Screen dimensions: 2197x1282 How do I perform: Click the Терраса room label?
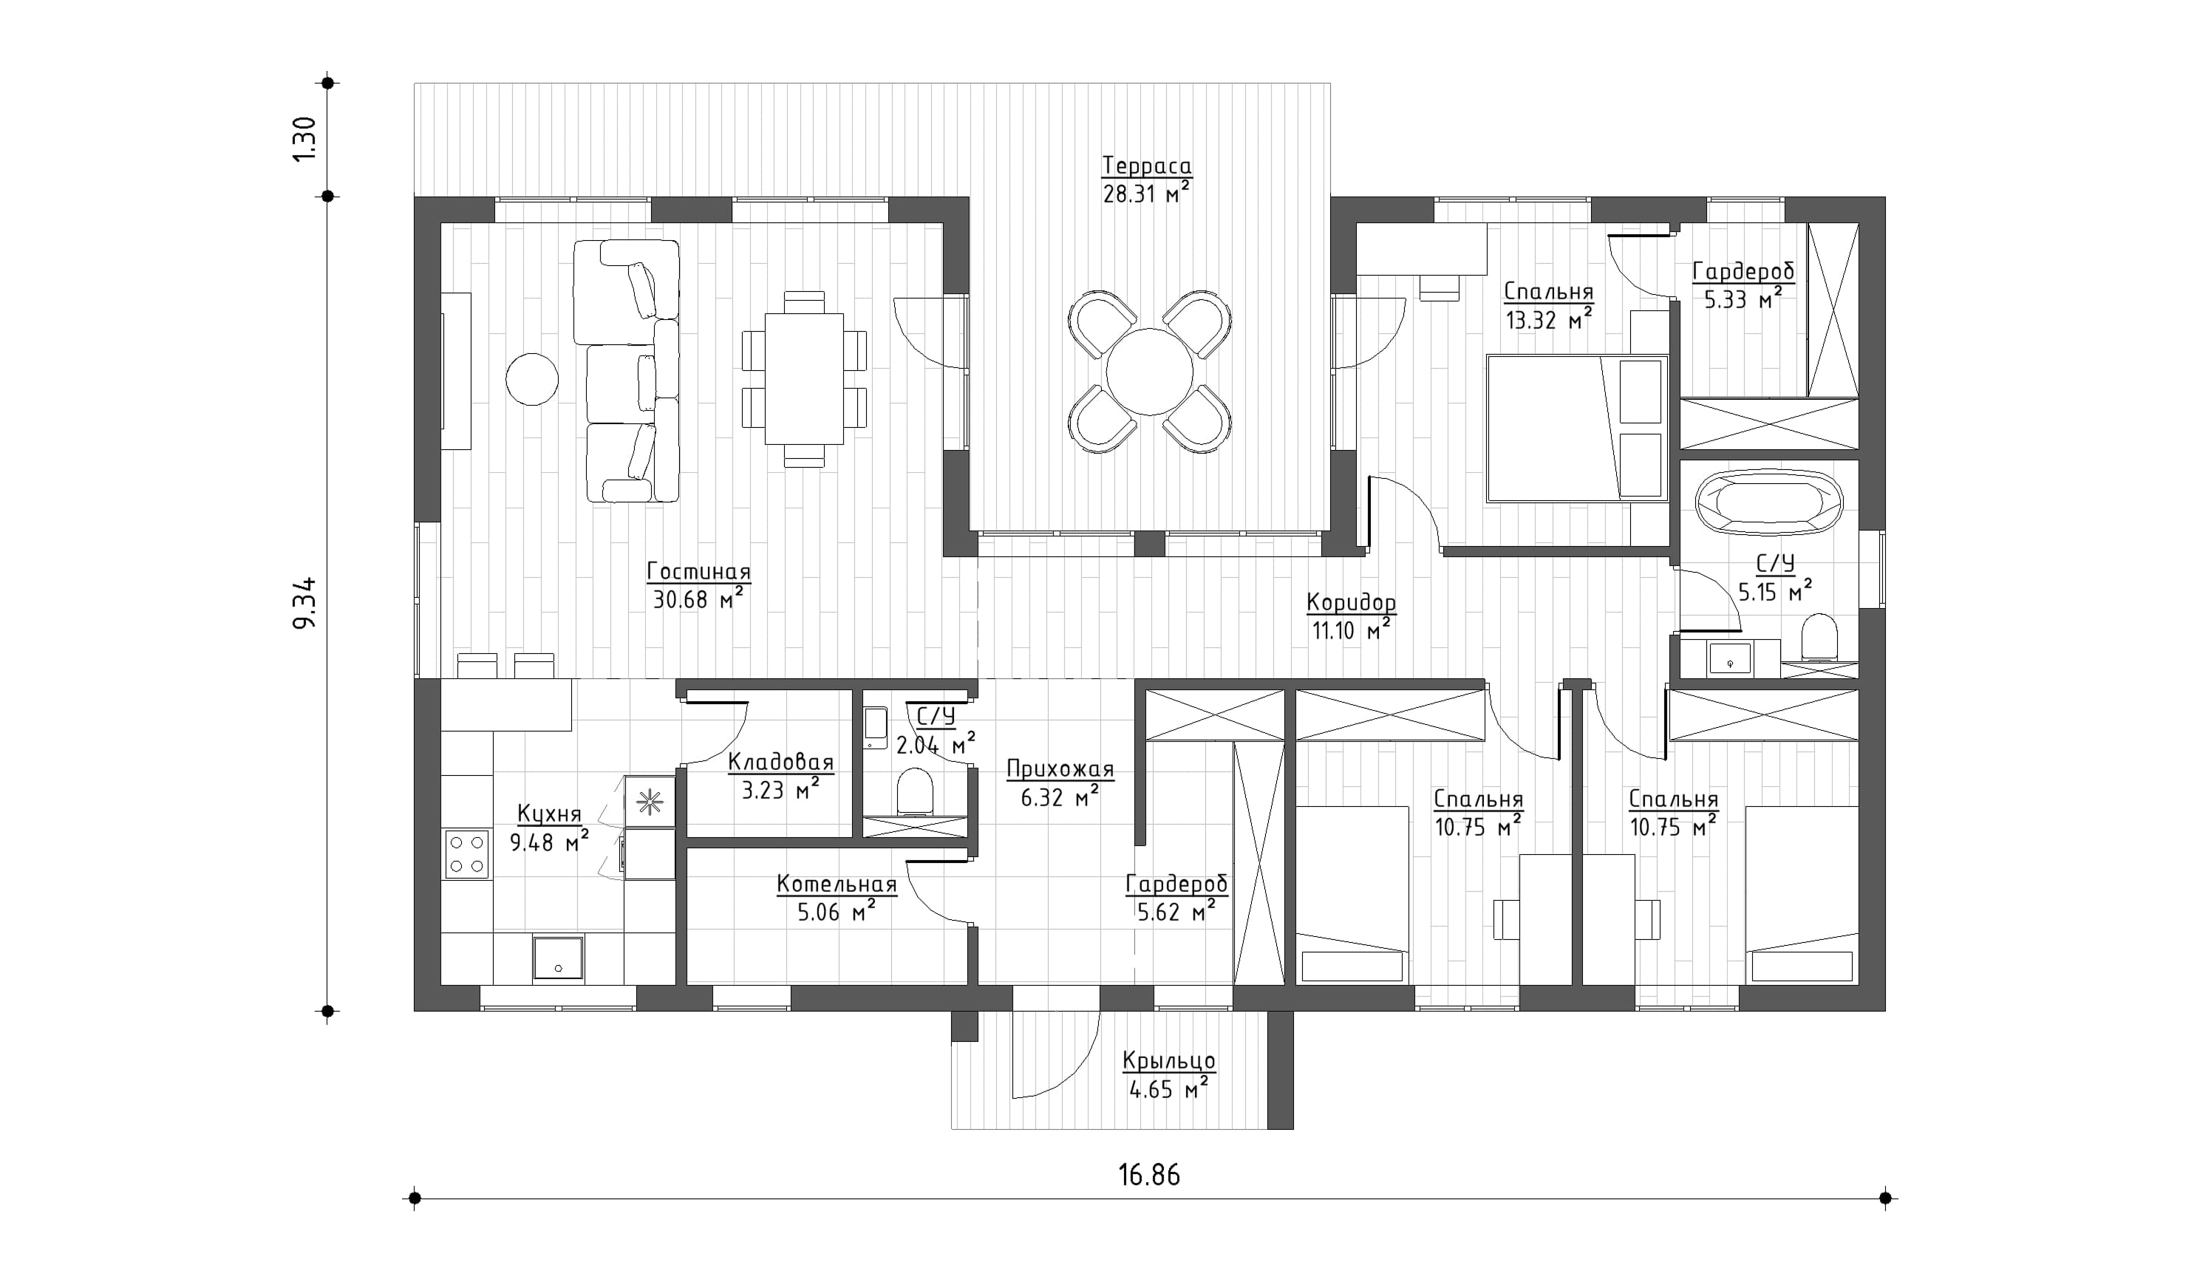(x=1146, y=166)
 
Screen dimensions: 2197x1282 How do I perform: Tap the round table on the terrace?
(x=1149, y=372)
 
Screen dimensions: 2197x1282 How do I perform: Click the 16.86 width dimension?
(x=1149, y=1176)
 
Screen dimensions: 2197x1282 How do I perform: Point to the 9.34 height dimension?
(x=305, y=602)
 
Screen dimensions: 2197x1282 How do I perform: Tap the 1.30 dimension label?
(x=304, y=140)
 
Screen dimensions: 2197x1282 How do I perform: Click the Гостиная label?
(x=698, y=573)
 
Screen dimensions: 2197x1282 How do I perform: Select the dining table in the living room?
(x=804, y=379)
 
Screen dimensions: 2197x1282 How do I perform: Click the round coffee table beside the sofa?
(x=532, y=379)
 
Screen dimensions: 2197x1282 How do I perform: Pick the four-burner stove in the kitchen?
(x=467, y=854)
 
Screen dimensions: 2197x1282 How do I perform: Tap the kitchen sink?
(x=558, y=957)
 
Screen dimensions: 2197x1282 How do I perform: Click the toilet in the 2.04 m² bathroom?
(x=915, y=790)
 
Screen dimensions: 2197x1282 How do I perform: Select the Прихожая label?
(x=1060, y=769)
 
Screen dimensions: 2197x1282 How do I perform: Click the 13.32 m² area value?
(x=1548, y=320)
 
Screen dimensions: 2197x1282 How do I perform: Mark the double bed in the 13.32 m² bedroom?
(x=1576, y=428)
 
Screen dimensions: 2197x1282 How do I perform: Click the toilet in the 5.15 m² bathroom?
(x=1819, y=639)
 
